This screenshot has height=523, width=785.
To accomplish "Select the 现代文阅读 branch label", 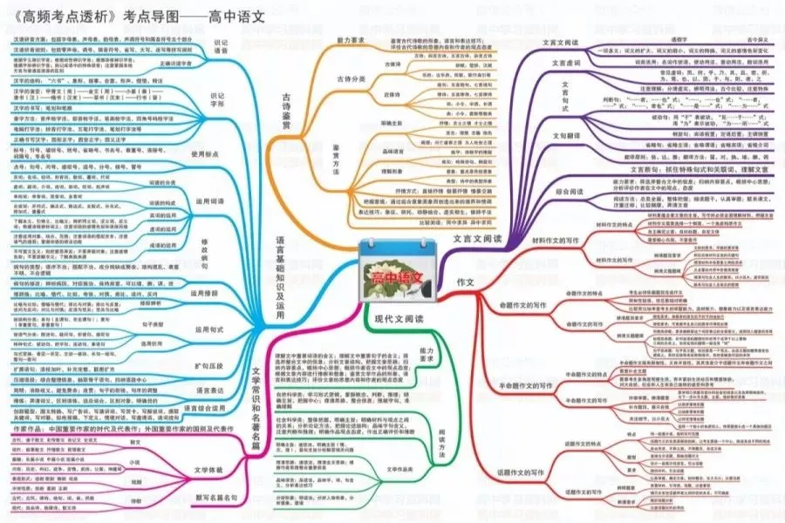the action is click(x=398, y=321).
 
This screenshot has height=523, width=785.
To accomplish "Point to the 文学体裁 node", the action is click(x=207, y=471).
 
